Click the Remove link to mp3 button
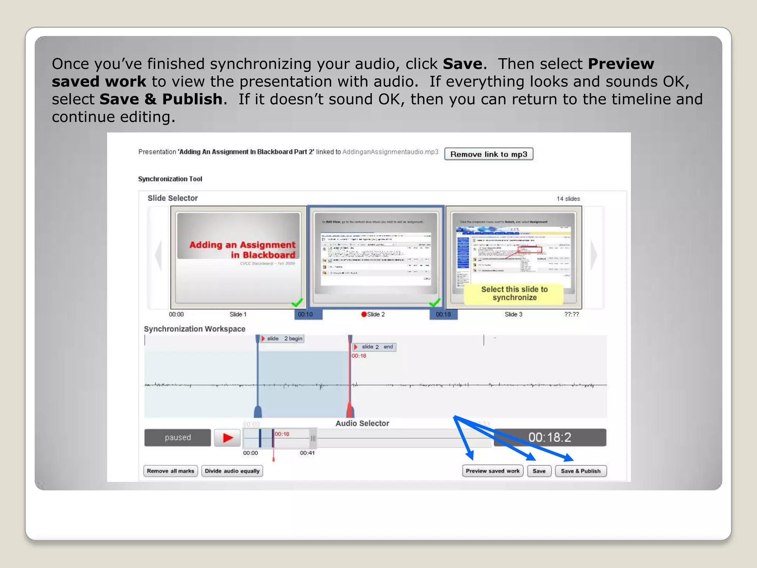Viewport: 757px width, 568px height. pos(488,154)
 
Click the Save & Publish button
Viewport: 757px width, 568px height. pos(580,471)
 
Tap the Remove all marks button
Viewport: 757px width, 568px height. pos(170,471)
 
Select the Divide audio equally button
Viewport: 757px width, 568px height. pos(232,471)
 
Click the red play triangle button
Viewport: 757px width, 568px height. pos(228,438)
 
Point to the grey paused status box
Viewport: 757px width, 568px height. pos(177,437)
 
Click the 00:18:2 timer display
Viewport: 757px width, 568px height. pos(550,437)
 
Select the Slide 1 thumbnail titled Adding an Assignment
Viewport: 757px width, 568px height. pos(238,257)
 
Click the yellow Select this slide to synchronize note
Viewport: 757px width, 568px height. pos(514,294)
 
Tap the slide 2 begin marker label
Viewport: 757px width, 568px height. pos(283,338)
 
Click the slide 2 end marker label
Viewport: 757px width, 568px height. pos(375,347)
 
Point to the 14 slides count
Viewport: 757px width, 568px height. pos(568,199)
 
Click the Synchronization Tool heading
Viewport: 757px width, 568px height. pos(170,179)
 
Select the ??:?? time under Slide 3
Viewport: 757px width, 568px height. pos(571,314)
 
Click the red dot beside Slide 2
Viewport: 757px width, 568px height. pos(364,314)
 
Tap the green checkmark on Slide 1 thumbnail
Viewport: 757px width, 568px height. pos(297,303)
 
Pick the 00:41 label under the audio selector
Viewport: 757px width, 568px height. pos(307,453)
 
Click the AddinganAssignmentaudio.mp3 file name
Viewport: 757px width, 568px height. pos(390,152)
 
